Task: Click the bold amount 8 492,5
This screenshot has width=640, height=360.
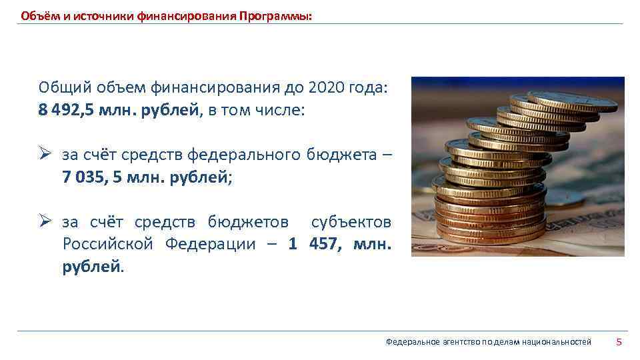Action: click(x=67, y=109)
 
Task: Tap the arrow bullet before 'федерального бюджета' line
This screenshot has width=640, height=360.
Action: click(x=45, y=155)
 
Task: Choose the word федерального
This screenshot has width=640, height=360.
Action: click(x=244, y=155)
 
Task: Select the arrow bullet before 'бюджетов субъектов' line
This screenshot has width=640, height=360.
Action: click(x=45, y=221)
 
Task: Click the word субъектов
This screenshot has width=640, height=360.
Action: click(x=351, y=222)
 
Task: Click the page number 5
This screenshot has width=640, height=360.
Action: click(x=619, y=342)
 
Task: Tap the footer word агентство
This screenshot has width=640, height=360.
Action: click(x=461, y=342)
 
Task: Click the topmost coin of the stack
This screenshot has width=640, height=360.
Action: click(x=571, y=101)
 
